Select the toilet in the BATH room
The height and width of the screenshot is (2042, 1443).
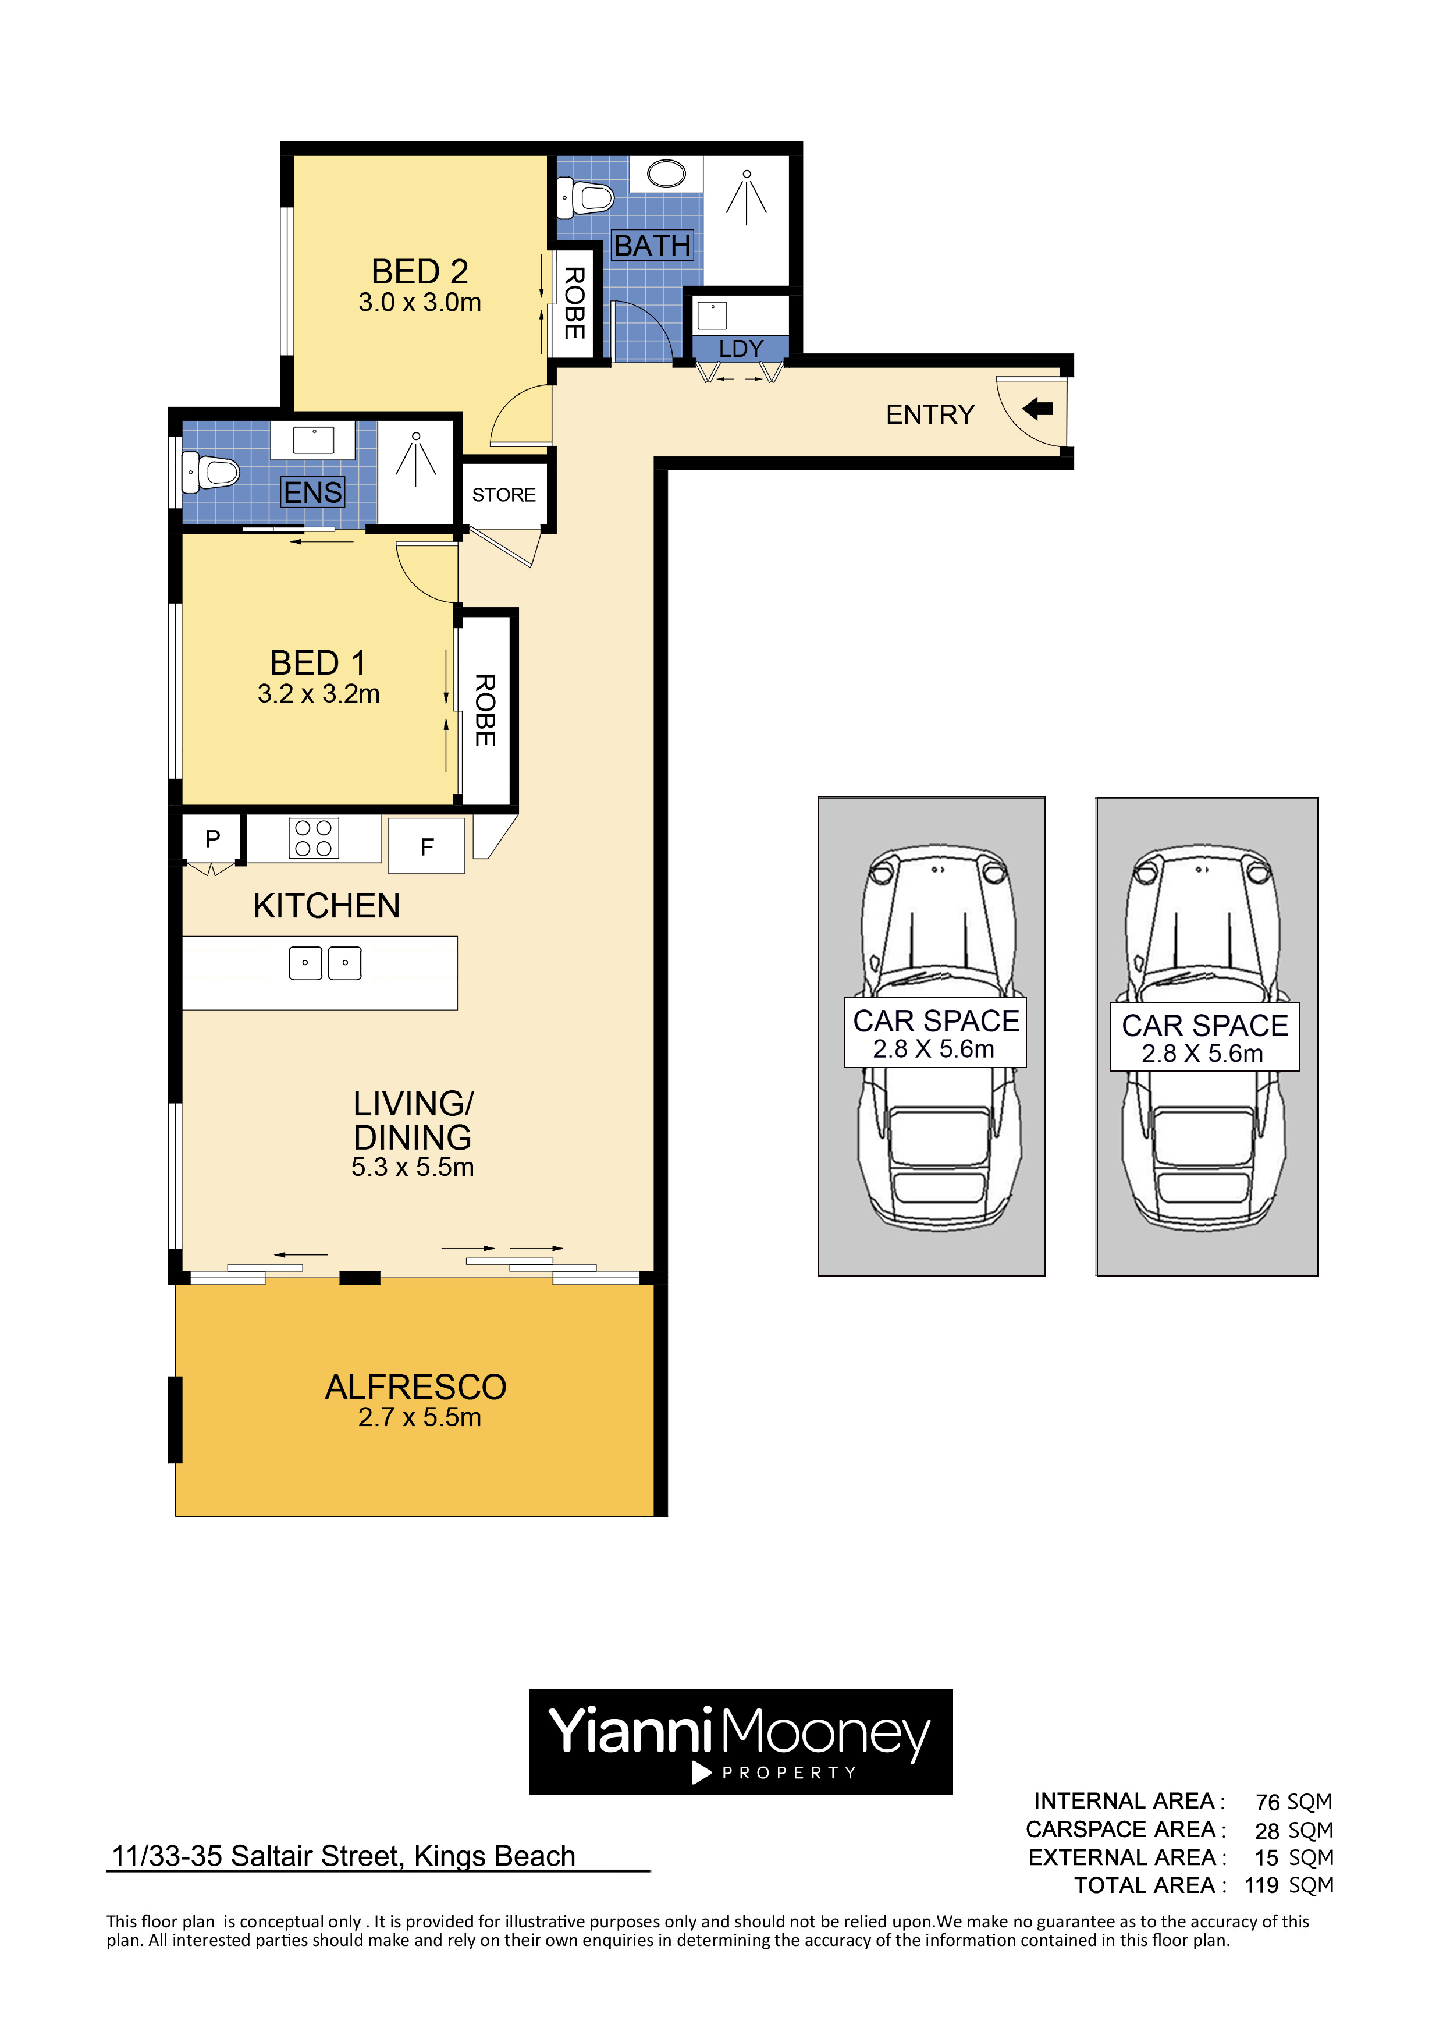point(584,197)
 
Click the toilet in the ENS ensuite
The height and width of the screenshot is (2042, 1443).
point(210,472)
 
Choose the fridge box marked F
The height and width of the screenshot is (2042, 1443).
point(426,846)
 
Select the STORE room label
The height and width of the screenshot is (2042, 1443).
point(503,494)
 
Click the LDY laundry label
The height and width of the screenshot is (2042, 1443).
point(741,349)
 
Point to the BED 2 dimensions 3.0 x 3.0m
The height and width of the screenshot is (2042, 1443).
point(420,302)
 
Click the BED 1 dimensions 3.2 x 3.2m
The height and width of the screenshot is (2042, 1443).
point(318,694)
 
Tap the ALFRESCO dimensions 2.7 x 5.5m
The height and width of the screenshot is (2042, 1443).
point(420,1417)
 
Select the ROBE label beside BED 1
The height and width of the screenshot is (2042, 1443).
point(485,710)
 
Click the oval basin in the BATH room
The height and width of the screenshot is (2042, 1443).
point(666,173)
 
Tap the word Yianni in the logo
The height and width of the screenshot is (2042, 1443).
point(630,1732)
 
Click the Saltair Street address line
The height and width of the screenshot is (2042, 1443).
point(343,1856)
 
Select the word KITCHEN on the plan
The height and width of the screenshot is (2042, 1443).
point(326,905)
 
